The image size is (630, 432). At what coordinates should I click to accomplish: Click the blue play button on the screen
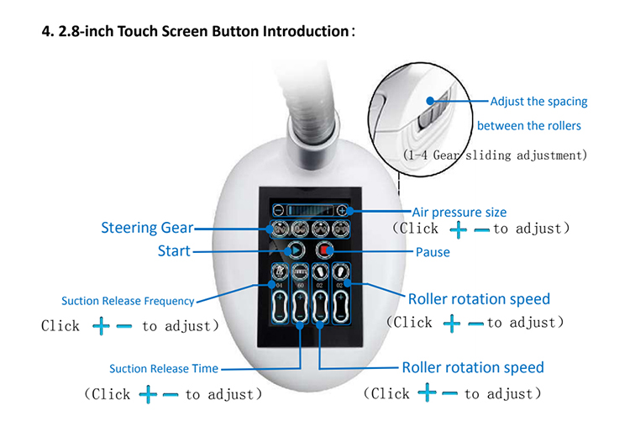point(294,250)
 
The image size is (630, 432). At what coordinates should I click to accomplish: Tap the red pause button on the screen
point(325,250)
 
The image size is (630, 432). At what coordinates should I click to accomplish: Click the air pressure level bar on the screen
point(309,210)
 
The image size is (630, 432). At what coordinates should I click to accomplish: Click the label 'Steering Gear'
point(147,228)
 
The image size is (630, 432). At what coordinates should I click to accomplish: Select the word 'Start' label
point(174,250)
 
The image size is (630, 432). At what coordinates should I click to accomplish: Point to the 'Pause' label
point(433,252)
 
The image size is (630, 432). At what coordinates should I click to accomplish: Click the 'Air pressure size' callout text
point(459,213)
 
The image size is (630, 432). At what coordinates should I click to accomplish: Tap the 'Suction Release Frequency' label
point(128,301)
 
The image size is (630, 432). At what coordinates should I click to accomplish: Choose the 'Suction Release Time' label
point(164,368)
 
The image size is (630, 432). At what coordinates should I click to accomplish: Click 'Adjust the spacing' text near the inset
point(538,102)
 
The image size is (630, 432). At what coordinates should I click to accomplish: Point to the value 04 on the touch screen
point(278,286)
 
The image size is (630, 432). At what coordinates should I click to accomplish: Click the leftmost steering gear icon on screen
point(279,229)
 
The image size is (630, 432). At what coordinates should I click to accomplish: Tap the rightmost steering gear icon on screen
point(339,229)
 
